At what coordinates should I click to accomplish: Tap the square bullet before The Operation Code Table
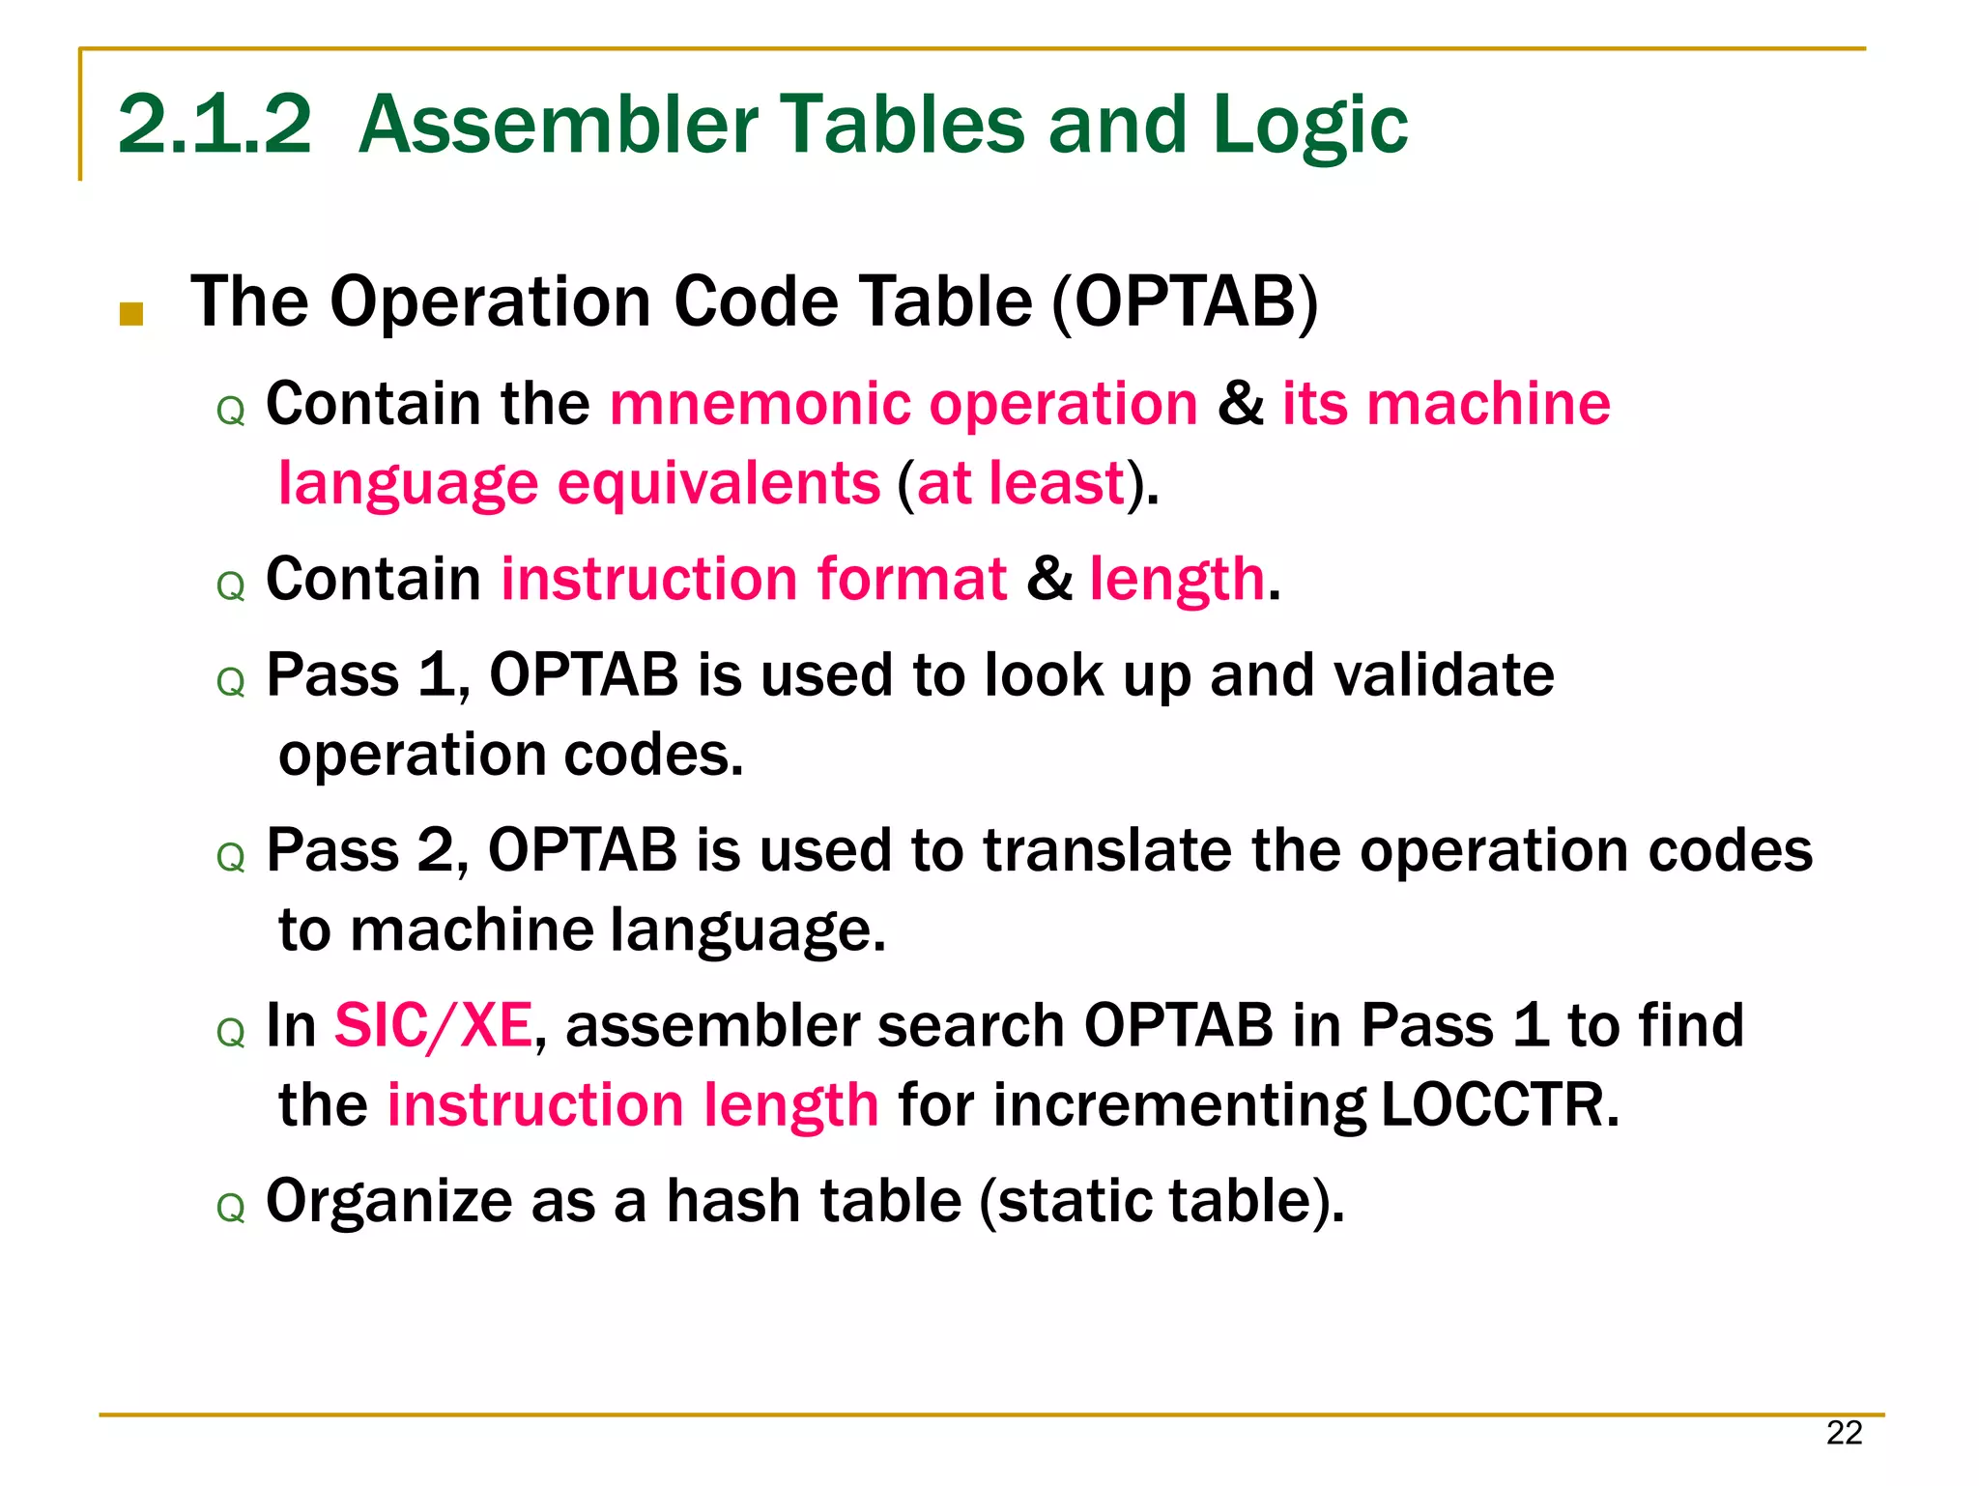coord(131,314)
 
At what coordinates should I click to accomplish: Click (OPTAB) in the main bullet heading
coord(1185,302)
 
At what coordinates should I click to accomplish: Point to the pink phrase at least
coord(1019,483)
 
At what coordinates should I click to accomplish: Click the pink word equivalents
coord(719,483)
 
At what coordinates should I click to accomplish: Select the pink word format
coord(911,579)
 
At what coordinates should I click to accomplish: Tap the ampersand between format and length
coord(1048,579)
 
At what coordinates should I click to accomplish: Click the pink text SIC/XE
coord(433,1025)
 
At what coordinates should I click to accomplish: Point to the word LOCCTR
coord(1499,1104)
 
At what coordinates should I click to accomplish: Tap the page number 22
coord(1844,1433)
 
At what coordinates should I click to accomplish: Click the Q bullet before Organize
coord(231,1208)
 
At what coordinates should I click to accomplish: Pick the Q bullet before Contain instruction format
coord(231,586)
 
